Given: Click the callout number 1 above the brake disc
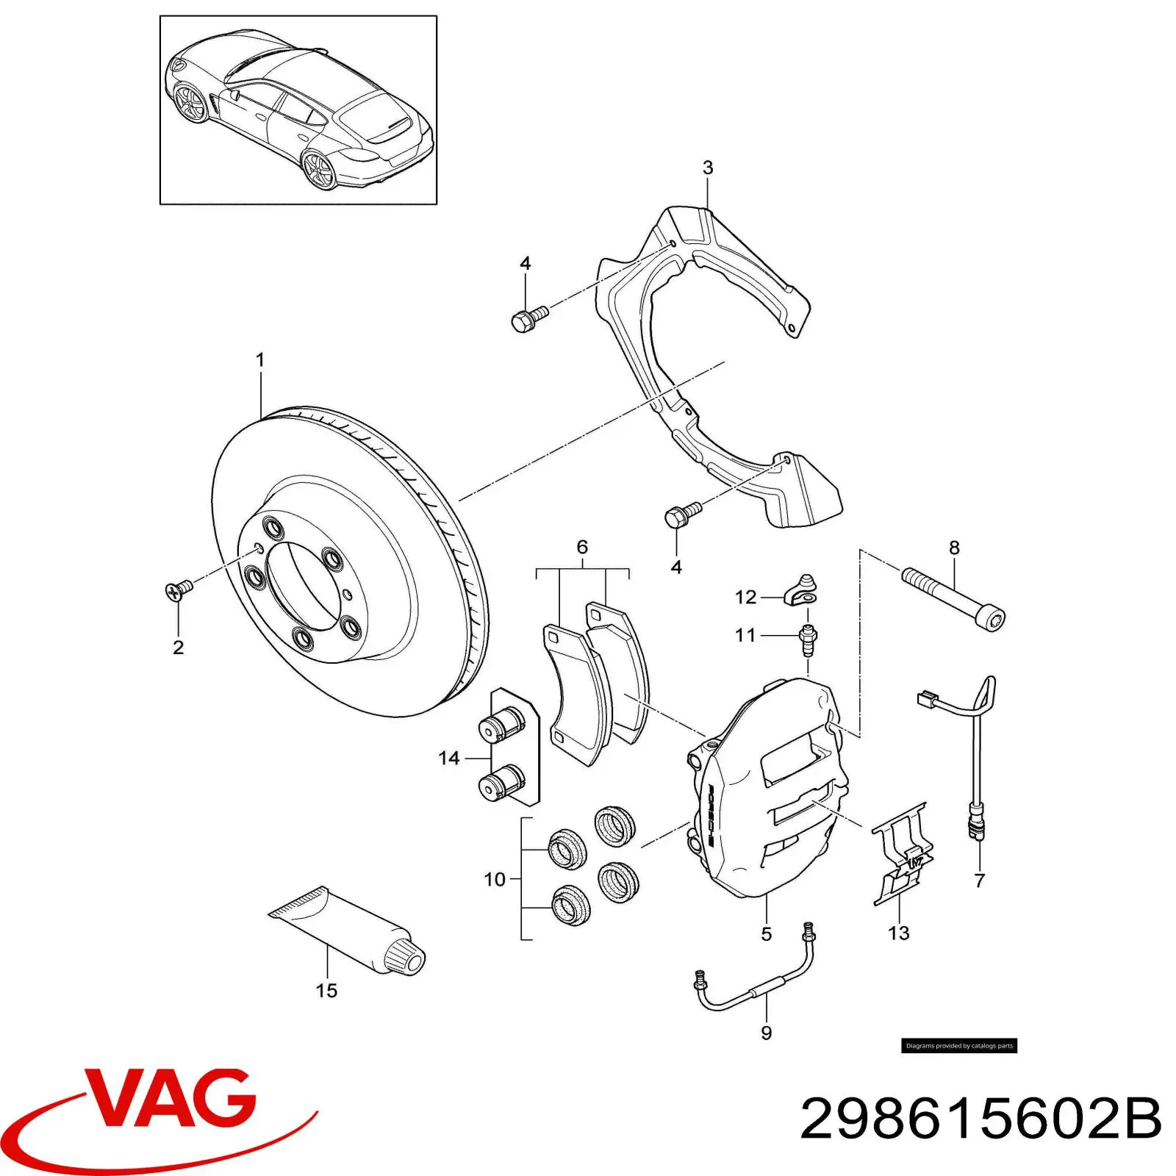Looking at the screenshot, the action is [259, 360].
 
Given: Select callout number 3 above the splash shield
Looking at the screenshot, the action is [707, 168].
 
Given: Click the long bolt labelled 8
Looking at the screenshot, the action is [953, 599].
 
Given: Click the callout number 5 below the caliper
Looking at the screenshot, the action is [766, 933].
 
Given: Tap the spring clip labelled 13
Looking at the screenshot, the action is [903, 853].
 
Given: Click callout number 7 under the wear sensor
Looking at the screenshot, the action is [979, 880].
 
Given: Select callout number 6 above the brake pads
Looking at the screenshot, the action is [582, 546].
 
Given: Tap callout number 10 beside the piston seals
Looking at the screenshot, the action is [495, 879].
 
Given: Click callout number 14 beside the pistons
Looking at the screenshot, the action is [448, 758].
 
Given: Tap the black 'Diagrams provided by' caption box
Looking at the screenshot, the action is [959, 1045].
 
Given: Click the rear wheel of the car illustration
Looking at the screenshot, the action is [320, 171].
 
